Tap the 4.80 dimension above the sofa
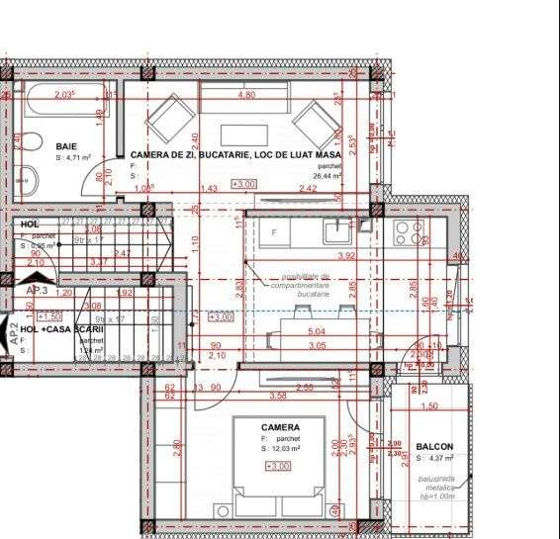245,95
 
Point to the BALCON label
434,447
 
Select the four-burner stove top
409,233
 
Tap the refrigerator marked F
274,231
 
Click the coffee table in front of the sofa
241,135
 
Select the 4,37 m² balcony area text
435,458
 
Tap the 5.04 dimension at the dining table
317,331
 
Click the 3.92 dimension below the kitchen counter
345,256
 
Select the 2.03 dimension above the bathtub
65,95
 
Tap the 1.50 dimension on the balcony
428,406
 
